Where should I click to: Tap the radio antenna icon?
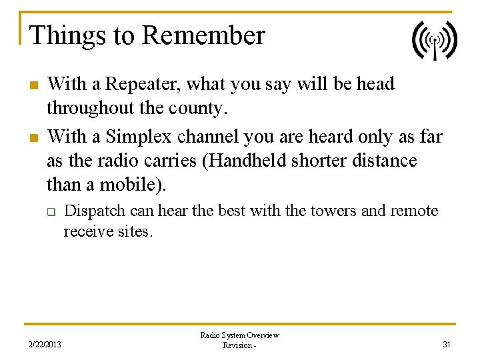click(x=434, y=40)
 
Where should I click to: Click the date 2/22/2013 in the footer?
click(x=45, y=344)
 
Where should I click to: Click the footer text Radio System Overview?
click(x=239, y=335)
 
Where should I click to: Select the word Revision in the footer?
click(x=237, y=345)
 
